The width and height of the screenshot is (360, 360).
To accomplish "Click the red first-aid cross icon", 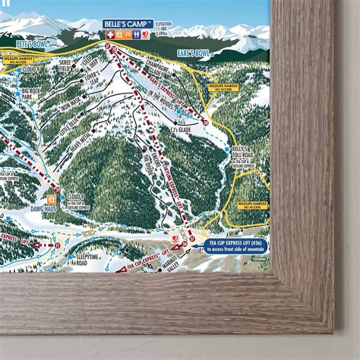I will click(109, 34).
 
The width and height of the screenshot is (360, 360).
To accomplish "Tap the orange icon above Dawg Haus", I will click(54, 191).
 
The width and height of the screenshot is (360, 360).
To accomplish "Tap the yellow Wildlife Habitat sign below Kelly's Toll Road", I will click(254, 204).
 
